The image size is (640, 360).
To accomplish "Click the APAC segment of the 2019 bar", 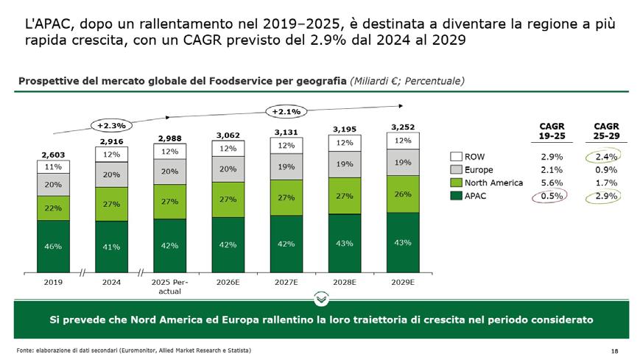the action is click(53, 247).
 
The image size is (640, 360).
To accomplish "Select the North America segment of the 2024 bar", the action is click(111, 204).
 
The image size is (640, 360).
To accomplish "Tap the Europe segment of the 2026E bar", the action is click(228, 169).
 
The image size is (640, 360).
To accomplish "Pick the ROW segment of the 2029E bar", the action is click(403, 141).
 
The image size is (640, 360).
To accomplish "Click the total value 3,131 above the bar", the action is click(286, 133).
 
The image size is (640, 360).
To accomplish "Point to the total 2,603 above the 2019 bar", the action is click(53, 155).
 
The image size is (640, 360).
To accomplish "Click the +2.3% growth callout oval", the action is click(111, 125).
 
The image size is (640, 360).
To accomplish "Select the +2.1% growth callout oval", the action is click(286, 111).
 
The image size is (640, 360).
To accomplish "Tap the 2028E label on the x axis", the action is click(345, 282).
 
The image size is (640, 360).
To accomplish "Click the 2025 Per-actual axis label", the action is click(170, 286).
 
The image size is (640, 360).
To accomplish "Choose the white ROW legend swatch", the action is click(456, 157).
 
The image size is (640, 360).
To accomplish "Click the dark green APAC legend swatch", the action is click(456, 196).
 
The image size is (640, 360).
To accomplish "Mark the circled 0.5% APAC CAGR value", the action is click(552, 196).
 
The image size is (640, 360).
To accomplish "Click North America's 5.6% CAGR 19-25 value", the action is click(552, 183).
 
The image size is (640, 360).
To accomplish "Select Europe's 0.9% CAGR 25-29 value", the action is click(606, 170).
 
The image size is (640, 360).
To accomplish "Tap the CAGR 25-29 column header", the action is click(606, 131).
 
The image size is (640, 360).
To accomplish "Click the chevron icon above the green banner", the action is click(322, 299).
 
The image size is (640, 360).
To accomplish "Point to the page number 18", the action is click(615, 351).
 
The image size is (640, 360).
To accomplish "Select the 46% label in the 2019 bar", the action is click(53, 247).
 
